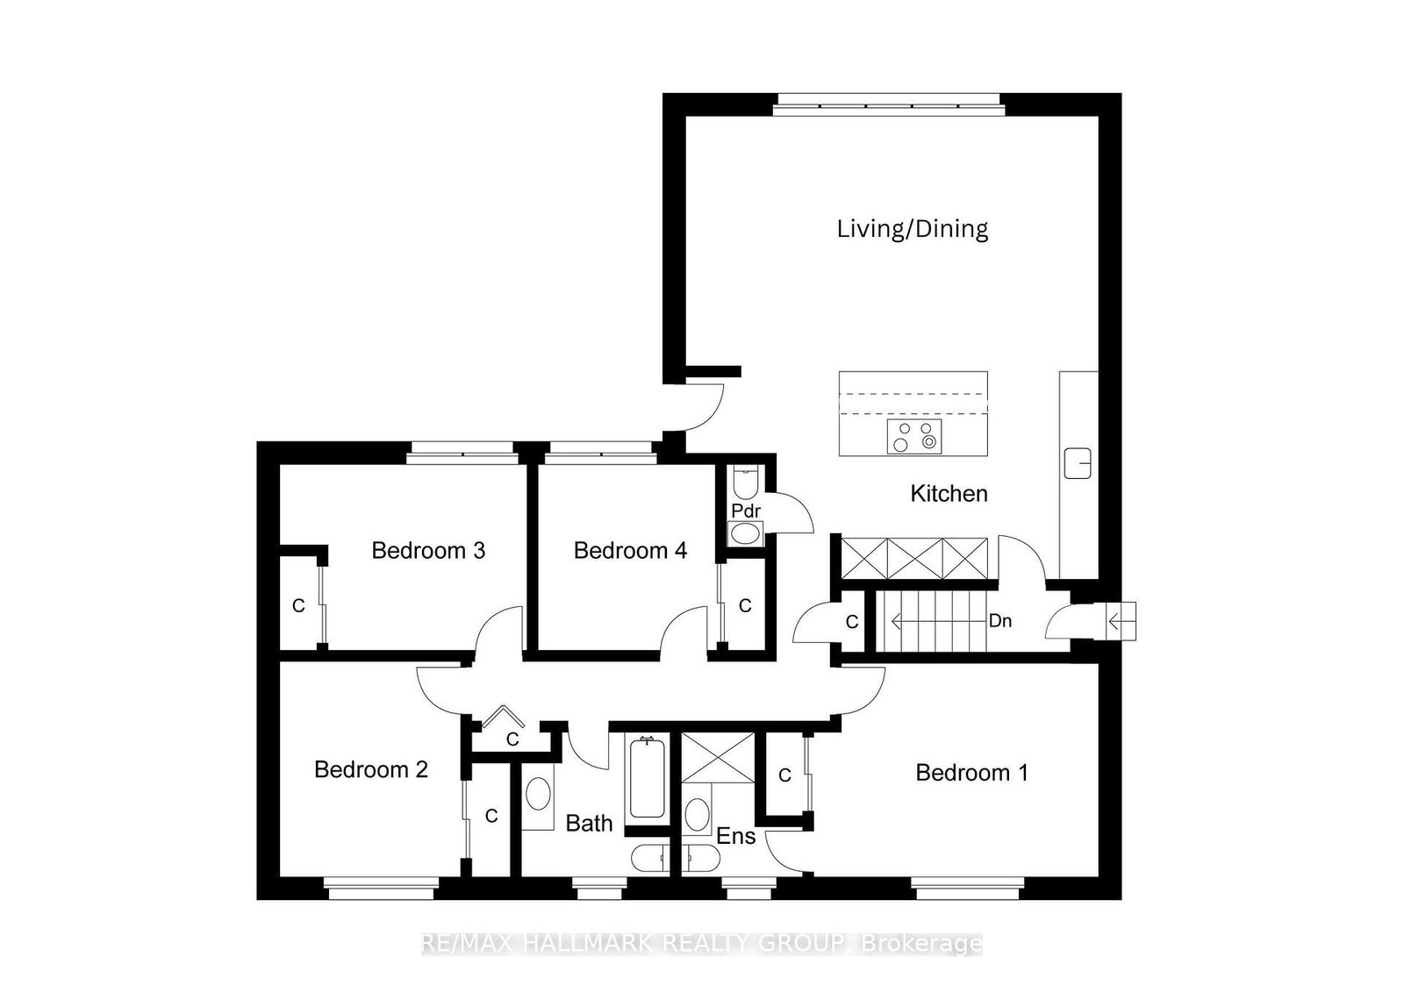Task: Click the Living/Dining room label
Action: pos(913,229)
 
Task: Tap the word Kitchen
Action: pos(949,494)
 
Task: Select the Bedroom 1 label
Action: pos(971,773)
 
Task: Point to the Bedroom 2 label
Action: pos(371,769)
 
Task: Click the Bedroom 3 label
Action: pos(429,550)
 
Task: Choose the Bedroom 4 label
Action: pos(631,550)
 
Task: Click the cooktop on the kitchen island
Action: pos(913,436)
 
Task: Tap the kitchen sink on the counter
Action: pos(1078,464)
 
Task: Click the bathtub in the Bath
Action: pos(647,777)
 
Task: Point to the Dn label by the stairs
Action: pos(1000,621)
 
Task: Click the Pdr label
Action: pos(746,511)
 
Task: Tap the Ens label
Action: pos(736,836)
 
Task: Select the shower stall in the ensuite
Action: pos(718,757)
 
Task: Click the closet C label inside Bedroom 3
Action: pos(299,606)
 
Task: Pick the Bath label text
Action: pos(589,823)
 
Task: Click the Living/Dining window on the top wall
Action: pos(889,104)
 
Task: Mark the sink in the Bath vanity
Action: pos(539,795)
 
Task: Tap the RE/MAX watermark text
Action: pos(702,943)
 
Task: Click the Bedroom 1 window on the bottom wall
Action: pos(968,889)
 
